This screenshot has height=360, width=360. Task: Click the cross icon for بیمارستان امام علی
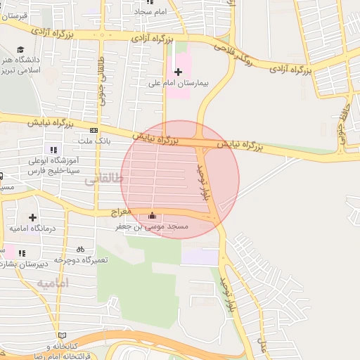click(x=178, y=72)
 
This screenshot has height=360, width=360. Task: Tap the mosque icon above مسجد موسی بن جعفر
click(x=153, y=216)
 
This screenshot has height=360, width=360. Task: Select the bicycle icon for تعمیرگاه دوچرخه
click(x=80, y=248)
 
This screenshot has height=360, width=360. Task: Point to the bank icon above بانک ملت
click(x=94, y=130)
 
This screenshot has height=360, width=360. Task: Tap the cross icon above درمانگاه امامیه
click(x=32, y=217)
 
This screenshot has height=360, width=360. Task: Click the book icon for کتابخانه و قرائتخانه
click(x=63, y=335)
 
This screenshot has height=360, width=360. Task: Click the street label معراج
click(x=121, y=211)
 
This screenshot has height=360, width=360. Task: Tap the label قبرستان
click(x=14, y=15)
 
